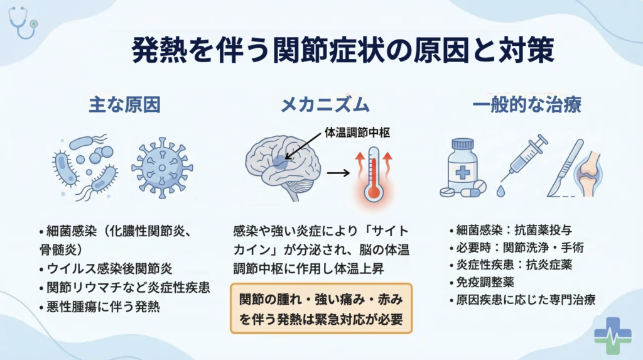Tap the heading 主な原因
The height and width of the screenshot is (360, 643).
click(x=125, y=105)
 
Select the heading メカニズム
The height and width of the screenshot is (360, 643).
click(x=325, y=105)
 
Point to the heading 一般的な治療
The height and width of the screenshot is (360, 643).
click(x=527, y=105)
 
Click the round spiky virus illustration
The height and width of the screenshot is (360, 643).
click(x=162, y=168)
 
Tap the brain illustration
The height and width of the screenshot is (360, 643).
click(x=283, y=166)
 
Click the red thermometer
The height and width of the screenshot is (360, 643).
click(x=374, y=175)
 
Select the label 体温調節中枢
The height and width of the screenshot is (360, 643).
click(x=357, y=133)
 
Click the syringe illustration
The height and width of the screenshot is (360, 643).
click(x=524, y=164)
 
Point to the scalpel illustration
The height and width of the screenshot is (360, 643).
click(x=566, y=168)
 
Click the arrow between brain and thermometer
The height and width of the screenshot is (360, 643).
click(x=338, y=173)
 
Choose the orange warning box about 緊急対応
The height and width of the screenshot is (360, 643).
click(x=321, y=308)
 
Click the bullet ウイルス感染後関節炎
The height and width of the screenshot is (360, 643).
click(x=105, y=269)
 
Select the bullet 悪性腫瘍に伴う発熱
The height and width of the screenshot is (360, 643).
click(x=99, y=307)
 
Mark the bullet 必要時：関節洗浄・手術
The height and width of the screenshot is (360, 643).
click(x=517, y=248)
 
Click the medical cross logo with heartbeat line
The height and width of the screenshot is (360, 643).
click(x=613, y=335)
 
